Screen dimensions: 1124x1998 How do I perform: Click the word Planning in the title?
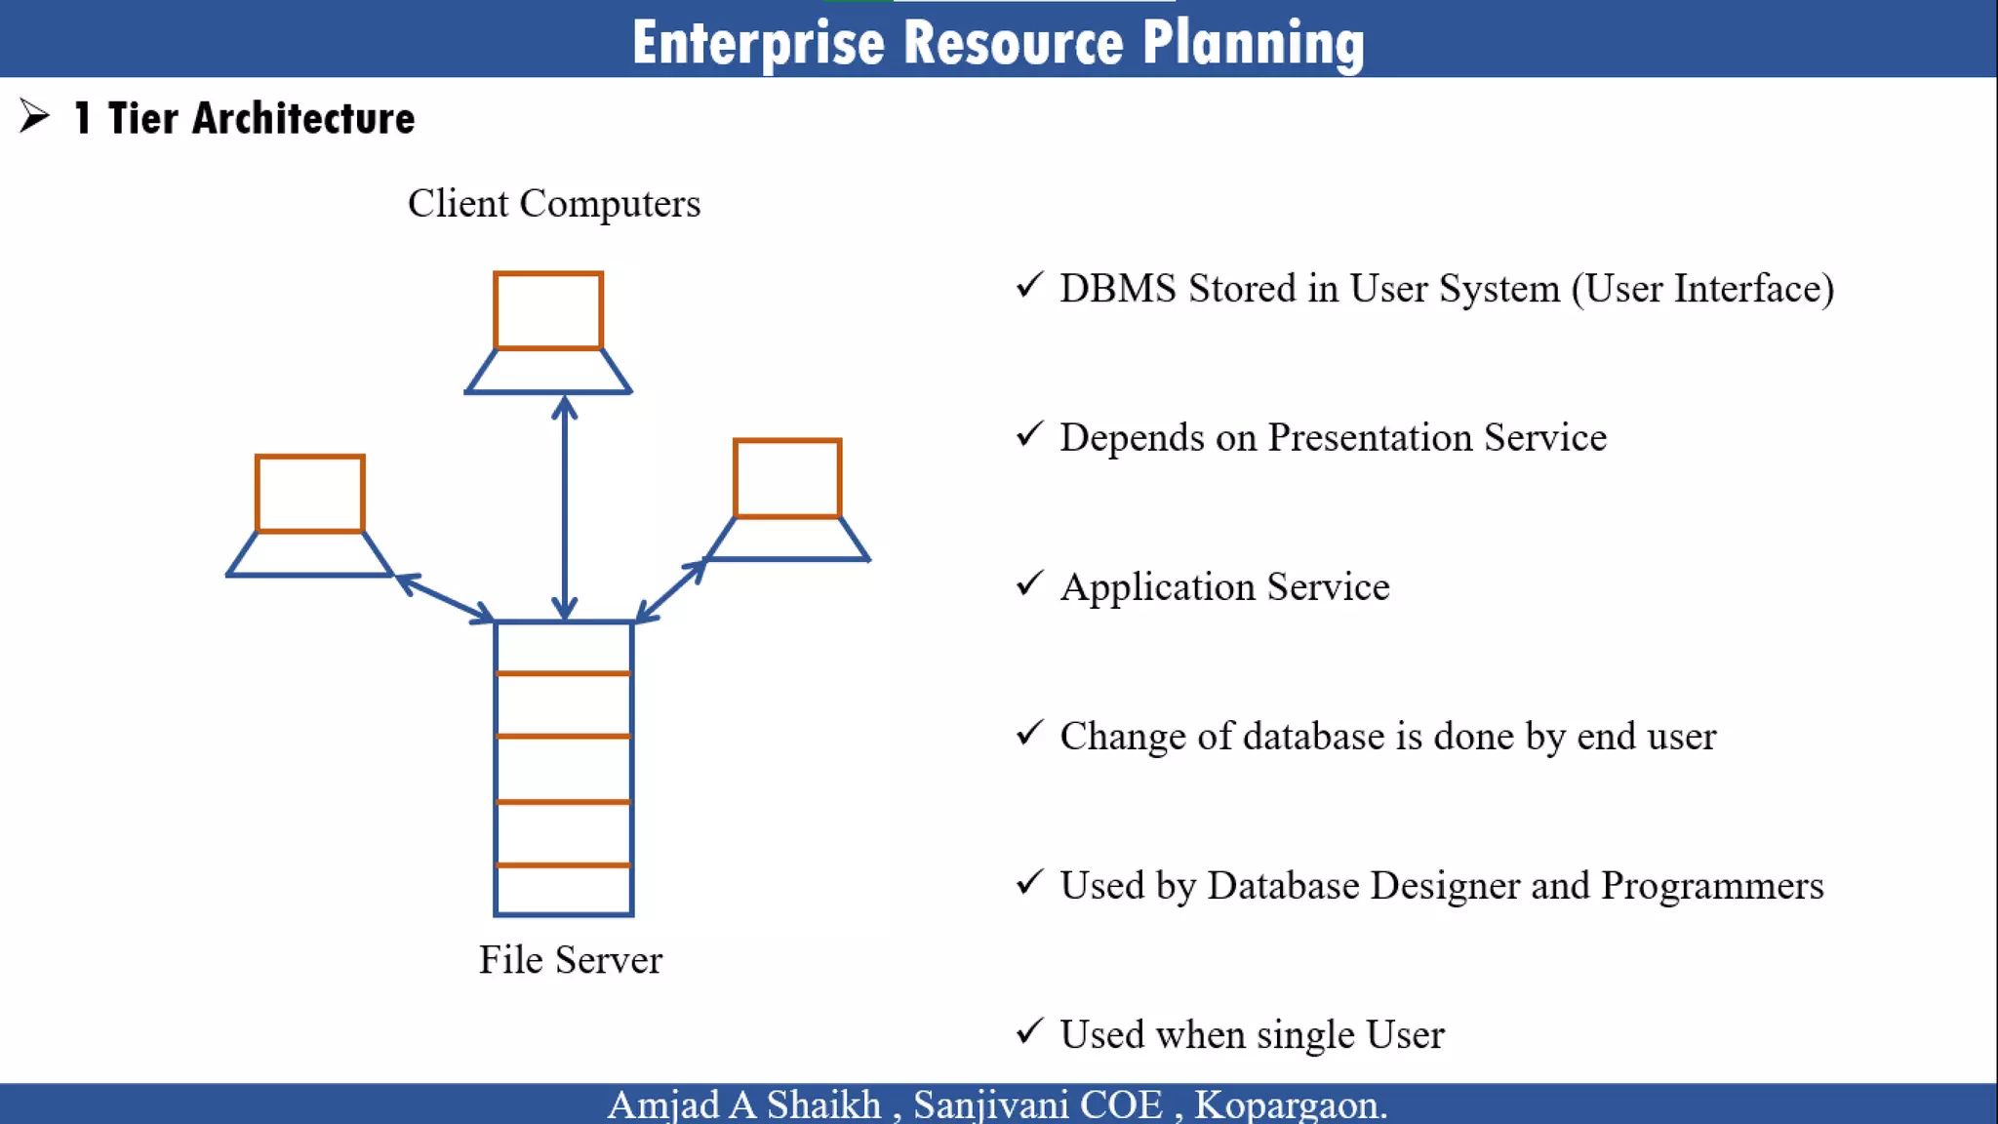1253,44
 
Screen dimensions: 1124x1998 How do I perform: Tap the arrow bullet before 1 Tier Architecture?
34,116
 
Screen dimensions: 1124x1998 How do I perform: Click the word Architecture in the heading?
303,119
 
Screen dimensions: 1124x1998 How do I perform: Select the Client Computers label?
553,204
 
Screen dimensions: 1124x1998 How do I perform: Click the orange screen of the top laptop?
548,310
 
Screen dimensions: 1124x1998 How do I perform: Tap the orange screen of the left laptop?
310,494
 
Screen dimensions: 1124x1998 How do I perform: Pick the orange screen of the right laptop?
787,478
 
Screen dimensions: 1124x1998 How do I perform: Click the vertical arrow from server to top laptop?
565,507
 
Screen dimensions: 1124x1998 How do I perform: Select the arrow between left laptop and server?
445,598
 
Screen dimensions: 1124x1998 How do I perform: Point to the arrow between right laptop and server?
671,590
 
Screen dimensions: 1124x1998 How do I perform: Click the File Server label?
570,960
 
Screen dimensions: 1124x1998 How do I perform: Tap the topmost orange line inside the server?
563,673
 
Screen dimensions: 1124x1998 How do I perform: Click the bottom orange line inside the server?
563,864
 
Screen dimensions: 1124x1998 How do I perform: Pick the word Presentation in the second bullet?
1369,437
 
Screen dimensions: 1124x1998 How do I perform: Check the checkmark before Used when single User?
1029,1031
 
